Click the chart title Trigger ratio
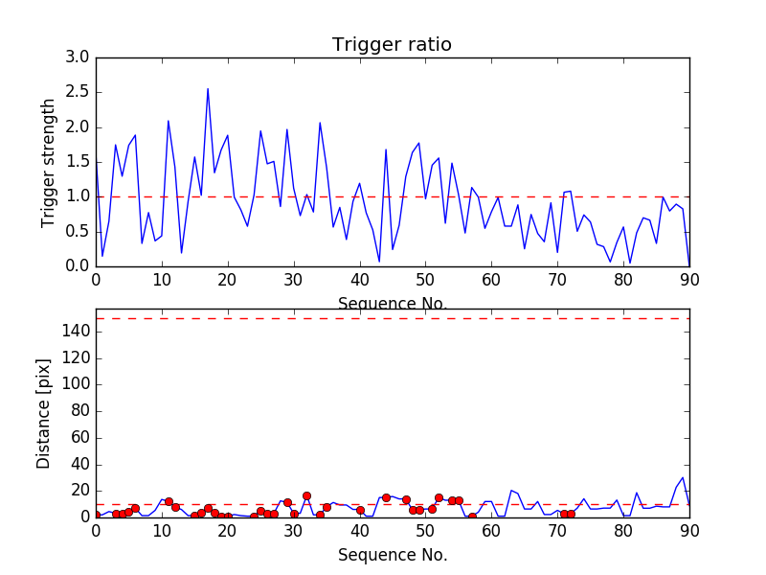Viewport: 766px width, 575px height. point(392,45)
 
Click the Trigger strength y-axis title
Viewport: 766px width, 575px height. point(48,161)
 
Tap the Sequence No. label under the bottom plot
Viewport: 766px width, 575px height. point(392,555)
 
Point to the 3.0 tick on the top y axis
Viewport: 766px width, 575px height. point(78,57)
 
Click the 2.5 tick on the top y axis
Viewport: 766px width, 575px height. point(78,92)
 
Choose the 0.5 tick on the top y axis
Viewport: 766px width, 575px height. point(78,231)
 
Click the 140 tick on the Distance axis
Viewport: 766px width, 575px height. point(75,332)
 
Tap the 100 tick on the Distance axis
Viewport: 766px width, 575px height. point(75,384)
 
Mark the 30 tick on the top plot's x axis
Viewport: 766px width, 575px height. point(294,281)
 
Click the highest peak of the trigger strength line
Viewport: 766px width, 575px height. point(208,89)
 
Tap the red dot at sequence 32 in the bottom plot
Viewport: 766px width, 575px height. point(306,495)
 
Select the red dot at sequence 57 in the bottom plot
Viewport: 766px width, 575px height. point(472,517)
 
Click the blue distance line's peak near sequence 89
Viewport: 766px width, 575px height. point(683,477)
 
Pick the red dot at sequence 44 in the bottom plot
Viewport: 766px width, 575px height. point(386,497)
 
